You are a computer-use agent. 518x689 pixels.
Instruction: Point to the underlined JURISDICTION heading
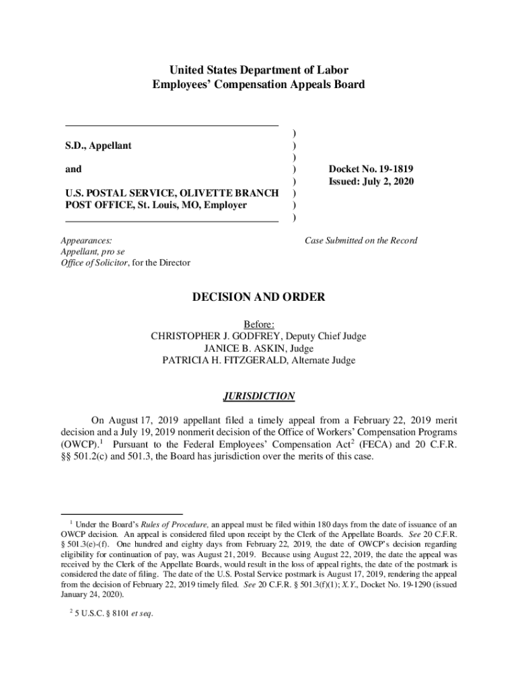click(x=258, y=396)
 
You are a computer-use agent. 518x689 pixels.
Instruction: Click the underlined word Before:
click(x=259, y=324)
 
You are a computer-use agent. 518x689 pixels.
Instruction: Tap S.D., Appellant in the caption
click(x=98, y=145)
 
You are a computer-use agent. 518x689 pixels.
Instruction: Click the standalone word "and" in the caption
click(x=73, y=170)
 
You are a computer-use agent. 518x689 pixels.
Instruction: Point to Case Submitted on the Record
click(x=361, y=240)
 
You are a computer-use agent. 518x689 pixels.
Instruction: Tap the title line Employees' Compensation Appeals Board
click(x=258, y=85)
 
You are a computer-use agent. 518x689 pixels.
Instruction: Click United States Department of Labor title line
click(x=258, y=70)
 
